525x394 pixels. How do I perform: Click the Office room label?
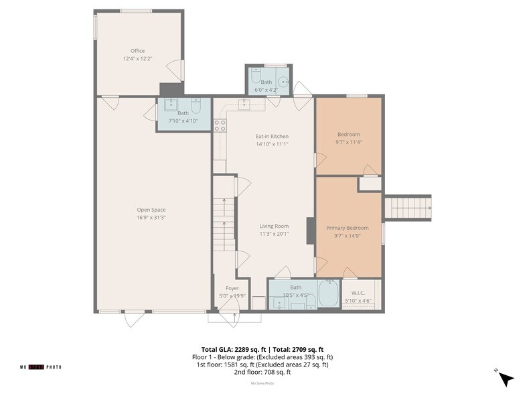pos(138,51)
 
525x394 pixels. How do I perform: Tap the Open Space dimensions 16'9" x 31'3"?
pos(151,217)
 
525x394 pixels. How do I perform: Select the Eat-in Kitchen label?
pos(272,137)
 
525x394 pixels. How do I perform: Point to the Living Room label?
pos(274,226)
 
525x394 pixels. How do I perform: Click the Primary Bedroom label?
pos(348,228)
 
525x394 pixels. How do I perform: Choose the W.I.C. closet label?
pos(358,293)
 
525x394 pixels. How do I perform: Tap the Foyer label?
pos(232,288)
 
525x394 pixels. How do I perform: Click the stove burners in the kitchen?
pos(220,125)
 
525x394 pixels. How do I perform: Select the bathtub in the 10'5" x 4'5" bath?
pos(328,293)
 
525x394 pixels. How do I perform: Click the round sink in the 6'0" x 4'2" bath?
pos(284,82)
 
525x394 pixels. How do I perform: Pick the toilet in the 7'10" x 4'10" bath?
pos(196,106)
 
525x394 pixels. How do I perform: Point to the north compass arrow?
pos(506,379)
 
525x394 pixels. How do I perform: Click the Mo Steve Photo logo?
pos(40,367)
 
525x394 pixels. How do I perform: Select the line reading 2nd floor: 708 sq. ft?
pos(262,372)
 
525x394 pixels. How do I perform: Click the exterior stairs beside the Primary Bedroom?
pos(407,208)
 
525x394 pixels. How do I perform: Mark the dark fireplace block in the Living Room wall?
pos(311,231)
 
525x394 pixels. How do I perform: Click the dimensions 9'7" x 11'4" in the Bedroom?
pos(348,142)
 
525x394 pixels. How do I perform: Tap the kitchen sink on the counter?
pos(244,103)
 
